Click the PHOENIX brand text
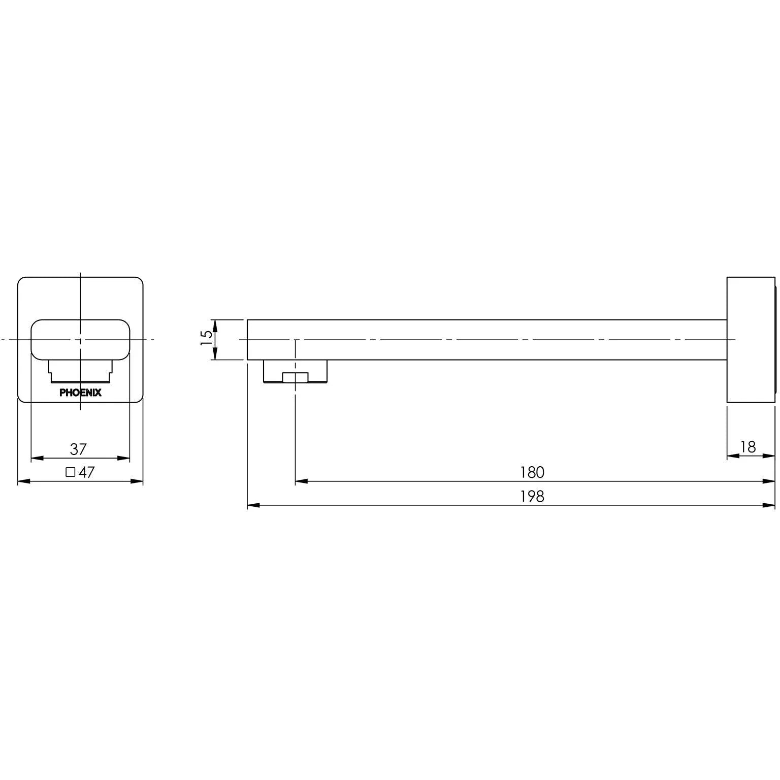click(x=80, y=393)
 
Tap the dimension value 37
click(x=79, y=449)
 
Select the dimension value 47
click(x=87, y=472)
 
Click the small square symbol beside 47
click(x=71, y=472)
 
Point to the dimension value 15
click(x=206, y=338)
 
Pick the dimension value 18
click(x=748, y=447)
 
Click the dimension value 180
click(x=532, y=472)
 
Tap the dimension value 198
click(x=532, y=496)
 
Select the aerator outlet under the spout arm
click(x=295, y=371)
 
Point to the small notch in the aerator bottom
click(x=295, y=377)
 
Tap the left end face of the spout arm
click(x=248, y=340)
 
